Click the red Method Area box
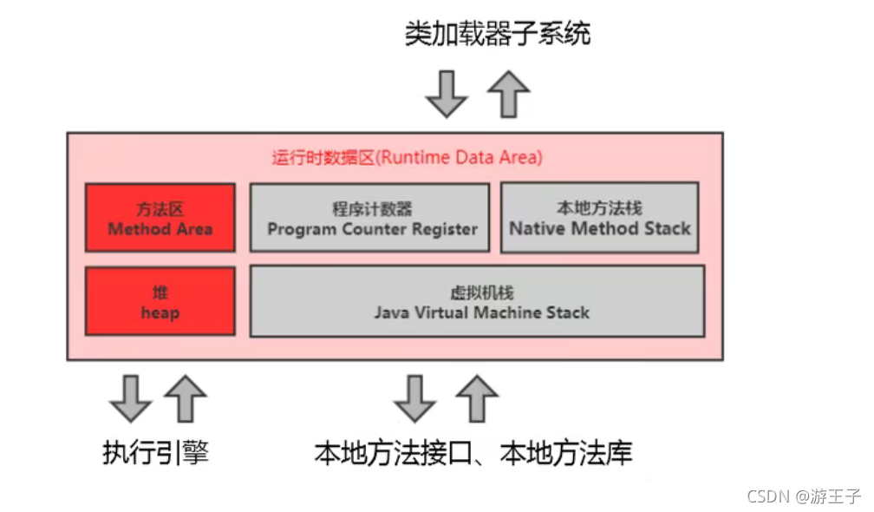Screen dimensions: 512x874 pos(160,218)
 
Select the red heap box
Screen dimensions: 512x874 pos(160,301)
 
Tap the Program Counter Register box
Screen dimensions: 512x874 pos(369,218)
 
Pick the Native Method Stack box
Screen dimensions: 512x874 pos(600,218)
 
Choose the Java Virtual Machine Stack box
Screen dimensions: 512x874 pos(477,302)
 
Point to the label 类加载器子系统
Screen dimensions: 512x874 pos(498,34)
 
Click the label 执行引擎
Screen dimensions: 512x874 pos(155,452)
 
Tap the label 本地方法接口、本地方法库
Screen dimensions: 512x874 pos(473,452)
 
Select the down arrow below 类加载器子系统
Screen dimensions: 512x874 pos(447,94)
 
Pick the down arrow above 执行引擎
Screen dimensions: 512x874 pos(131,398)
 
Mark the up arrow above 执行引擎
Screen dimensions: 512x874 pos(186,398)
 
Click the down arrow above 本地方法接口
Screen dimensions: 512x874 pos(415,398)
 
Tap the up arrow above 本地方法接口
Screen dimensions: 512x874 pos(477,398)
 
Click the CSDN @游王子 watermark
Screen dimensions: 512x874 pos(803,496)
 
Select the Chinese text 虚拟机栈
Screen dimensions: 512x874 pos(482,292)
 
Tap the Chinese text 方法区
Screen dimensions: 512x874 pos(160,209)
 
